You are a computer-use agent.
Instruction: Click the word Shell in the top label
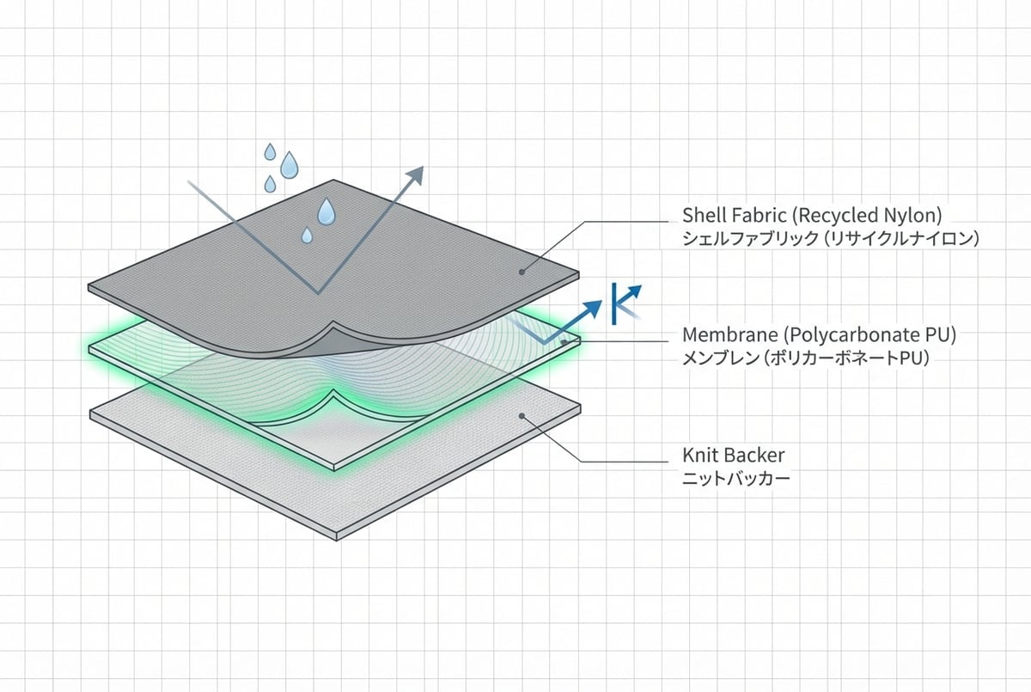[702, 214]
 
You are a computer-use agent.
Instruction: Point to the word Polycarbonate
[839, 334]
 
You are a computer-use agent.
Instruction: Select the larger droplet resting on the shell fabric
[326, 211]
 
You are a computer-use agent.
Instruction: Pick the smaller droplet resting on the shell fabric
[307, 235]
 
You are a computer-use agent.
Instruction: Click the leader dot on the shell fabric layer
[522, 272]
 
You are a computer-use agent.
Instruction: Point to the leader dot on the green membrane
[564, 342]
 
